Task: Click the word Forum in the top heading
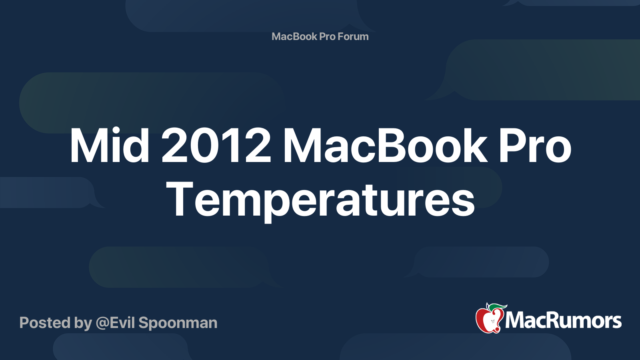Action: [x=353, y=36]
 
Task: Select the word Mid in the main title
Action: [x=110, y=146]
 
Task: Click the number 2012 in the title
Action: [x=216, y=146]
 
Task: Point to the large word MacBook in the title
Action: [x=385, y=146]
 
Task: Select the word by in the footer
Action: [x=83, y=324]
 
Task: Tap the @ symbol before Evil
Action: [x=102, y=324]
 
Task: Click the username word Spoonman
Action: [x=178, y=324]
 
